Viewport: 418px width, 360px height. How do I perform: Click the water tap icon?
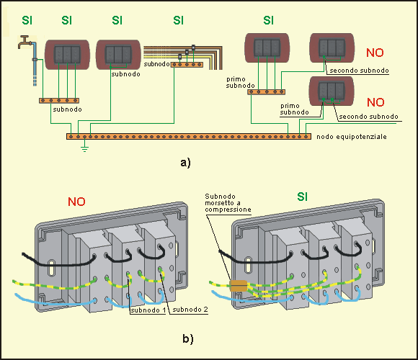[24, 42]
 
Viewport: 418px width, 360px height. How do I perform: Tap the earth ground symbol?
[84, 148]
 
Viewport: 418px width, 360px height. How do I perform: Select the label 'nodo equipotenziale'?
[352, 137]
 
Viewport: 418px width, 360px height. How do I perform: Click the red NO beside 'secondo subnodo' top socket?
[375, 53]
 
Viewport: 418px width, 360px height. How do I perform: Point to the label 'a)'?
[185, 163]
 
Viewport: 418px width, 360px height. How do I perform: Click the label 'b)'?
[188, 338]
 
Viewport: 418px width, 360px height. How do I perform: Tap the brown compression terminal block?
[239, 286]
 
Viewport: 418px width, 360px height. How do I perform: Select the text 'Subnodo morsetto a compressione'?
[228, 203]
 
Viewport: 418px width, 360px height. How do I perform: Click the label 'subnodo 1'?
[148, 310]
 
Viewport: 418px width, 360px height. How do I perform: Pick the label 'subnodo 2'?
[190, 310]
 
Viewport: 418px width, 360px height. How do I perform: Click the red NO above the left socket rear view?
[76, 202]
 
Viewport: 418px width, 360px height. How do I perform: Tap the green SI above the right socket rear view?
[302, 197]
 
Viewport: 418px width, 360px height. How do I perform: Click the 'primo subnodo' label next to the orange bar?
[240, 82]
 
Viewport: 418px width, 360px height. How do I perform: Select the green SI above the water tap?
[27, 20]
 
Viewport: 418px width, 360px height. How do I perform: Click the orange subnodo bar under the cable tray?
[187, 64]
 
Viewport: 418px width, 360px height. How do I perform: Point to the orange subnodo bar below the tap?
[59, 101]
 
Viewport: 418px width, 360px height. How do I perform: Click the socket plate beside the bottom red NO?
[332, 91]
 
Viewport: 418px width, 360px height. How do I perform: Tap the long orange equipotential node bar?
[189, 137]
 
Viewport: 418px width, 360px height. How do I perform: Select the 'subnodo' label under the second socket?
[125, 74]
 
